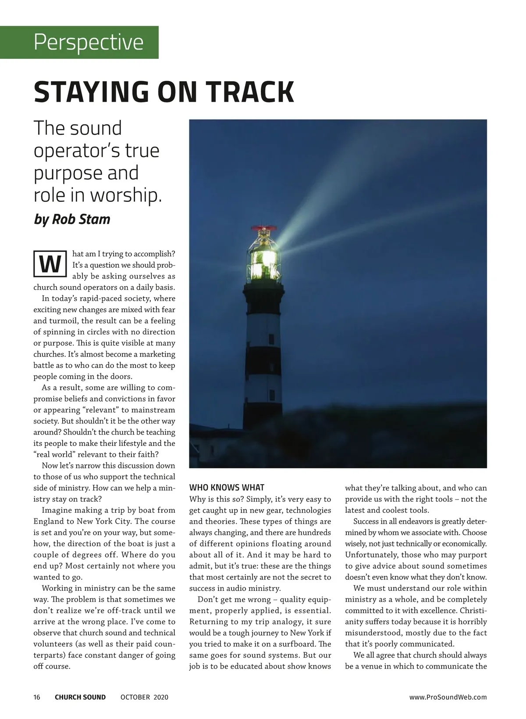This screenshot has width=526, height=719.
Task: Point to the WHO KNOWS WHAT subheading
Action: click(x=227, y=488)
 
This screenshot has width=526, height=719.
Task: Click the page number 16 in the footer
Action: click(x=37, y=697)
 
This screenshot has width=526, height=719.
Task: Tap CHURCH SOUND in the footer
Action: click(x=80, y=697)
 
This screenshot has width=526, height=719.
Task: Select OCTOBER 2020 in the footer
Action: click(x=144, y=697)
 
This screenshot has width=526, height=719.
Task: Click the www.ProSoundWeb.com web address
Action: click(x=448, y=697)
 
